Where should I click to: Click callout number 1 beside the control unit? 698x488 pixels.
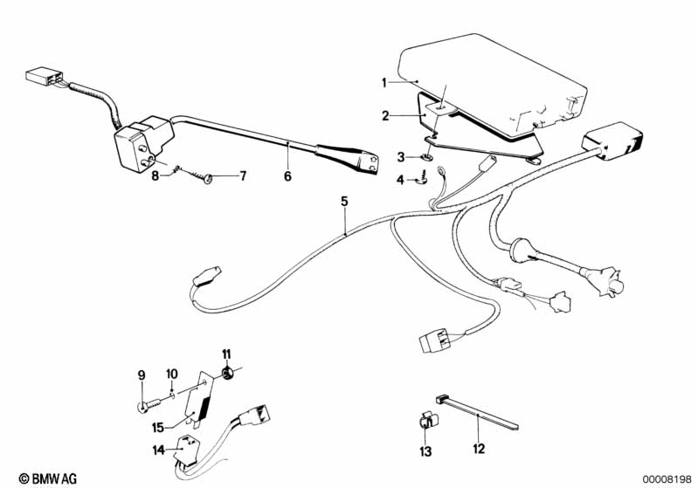click(x=384, y=82)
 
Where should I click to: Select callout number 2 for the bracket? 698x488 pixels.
click(x=384, y=114)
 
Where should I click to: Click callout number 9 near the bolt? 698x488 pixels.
click(x=141, y=376)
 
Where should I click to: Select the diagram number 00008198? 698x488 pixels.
click(x=667, y=478)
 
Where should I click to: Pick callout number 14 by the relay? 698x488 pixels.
click(x=156, y=450)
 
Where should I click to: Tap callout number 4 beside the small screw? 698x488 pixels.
click(x=401, y=180)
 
